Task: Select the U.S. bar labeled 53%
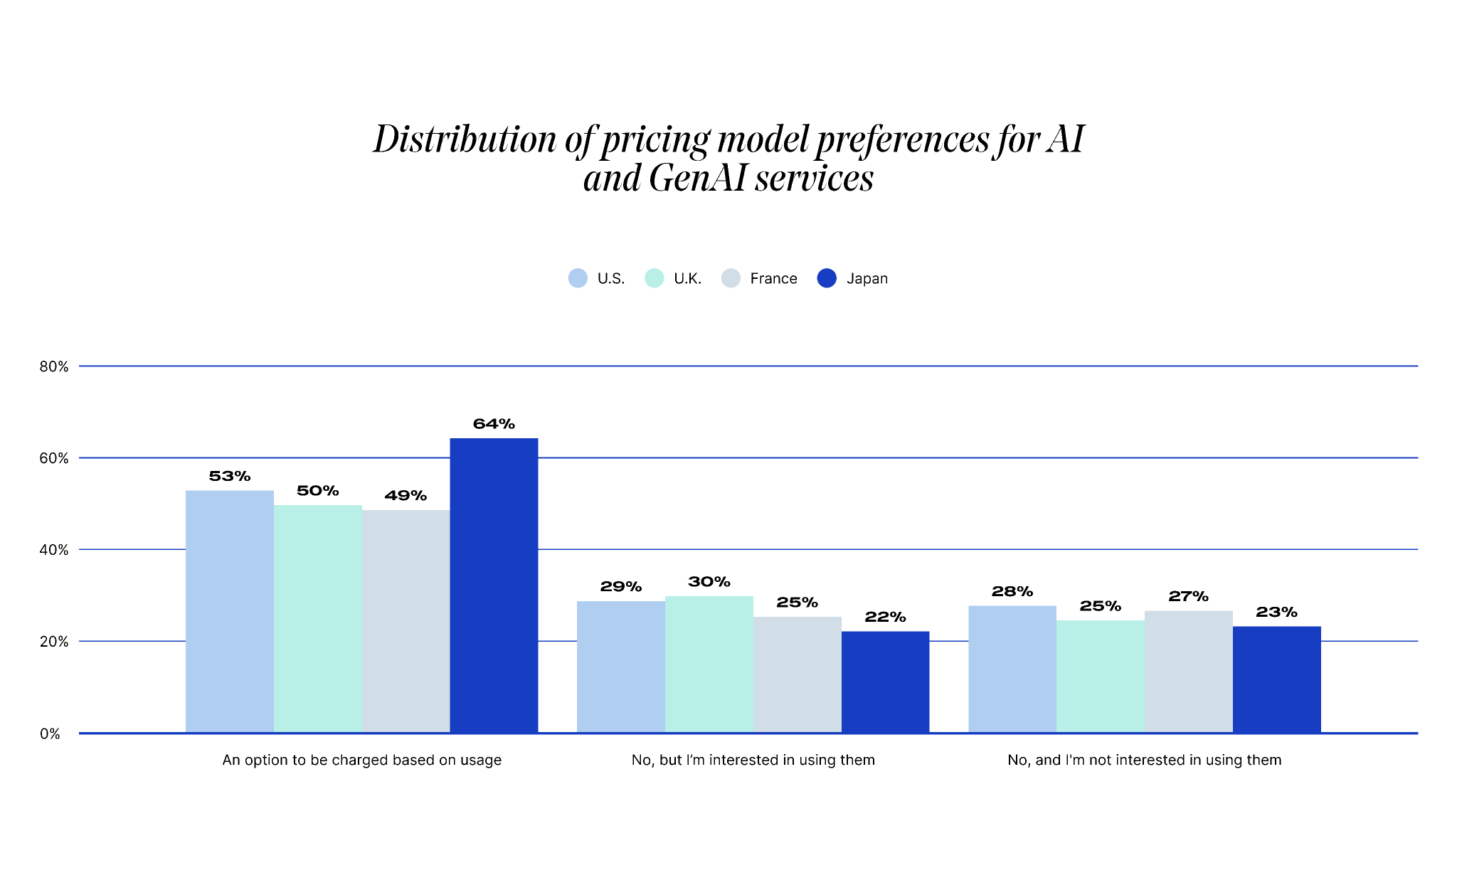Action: tap(229, 611)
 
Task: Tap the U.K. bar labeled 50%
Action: tap(317, 618)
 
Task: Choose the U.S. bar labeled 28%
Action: tap(1012, 669)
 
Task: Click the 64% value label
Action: tap(494, 424)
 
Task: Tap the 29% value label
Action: tap(620, 587)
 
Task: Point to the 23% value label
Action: tap(1276, 613)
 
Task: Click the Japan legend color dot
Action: tap(827, 278)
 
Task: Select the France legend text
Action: tap(773, 279)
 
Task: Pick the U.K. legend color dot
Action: tap(654, 278)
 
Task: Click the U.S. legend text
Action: tap(611, 279)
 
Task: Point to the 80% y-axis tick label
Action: tap(54, 366)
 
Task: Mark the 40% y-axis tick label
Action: tap(54, 550)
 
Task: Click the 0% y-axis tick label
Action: tap(50, 734)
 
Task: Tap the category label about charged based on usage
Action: tap(361, 760)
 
